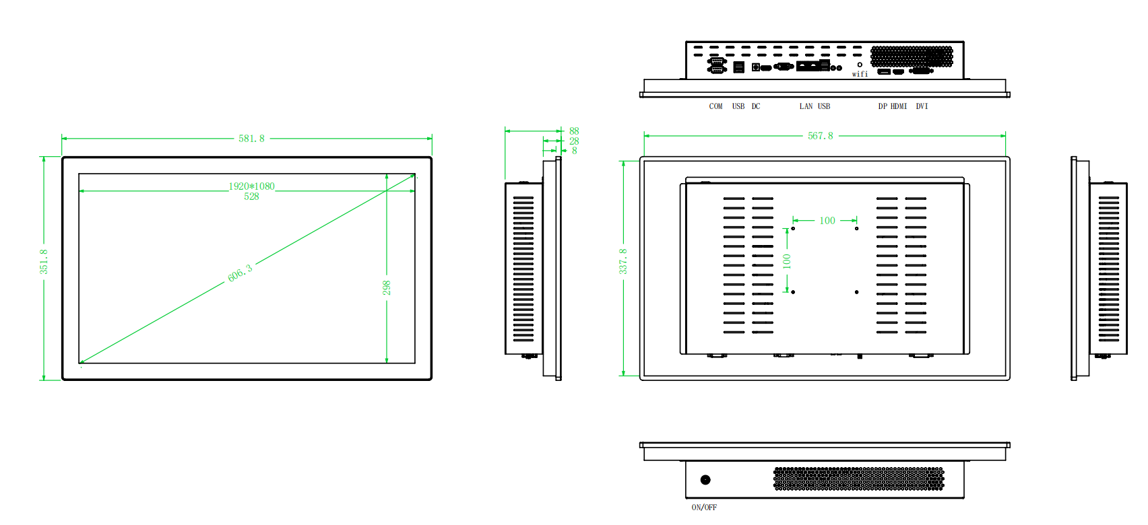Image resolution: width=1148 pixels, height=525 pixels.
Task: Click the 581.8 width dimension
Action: coord(251,139)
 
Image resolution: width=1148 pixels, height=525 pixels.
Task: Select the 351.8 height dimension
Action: coord(44,261)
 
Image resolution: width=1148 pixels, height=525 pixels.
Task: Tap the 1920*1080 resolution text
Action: coord(251,186)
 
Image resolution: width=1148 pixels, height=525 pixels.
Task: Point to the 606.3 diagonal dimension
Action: coord(240,273)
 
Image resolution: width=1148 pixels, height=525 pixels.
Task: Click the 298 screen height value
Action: coord(387,287)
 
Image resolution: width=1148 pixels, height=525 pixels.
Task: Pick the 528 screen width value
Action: coord(251,197)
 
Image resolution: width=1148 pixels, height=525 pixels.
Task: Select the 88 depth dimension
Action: coord(574,131)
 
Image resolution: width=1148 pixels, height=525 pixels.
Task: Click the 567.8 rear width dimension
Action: coord(820,136)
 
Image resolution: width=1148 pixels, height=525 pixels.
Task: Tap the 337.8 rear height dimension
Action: coord(623,261)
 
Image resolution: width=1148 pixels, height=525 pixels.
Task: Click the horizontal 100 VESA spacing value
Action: coord(827,221)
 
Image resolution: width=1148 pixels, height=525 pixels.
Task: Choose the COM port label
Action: coord(715,106)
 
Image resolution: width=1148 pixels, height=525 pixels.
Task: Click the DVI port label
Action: coord(922,106)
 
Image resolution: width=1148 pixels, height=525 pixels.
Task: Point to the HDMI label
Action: coord(899,106)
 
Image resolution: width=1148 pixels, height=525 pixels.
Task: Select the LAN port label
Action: coord(806,106)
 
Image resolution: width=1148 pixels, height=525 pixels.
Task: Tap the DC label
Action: coord(756,106)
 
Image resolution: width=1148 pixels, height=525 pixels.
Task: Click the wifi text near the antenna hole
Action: coord(860,74)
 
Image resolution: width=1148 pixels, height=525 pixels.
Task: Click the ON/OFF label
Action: coord(704,508)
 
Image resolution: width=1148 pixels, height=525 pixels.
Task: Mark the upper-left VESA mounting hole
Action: coord(793,229)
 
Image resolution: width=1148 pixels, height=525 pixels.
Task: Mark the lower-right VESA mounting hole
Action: coord(856,292)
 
